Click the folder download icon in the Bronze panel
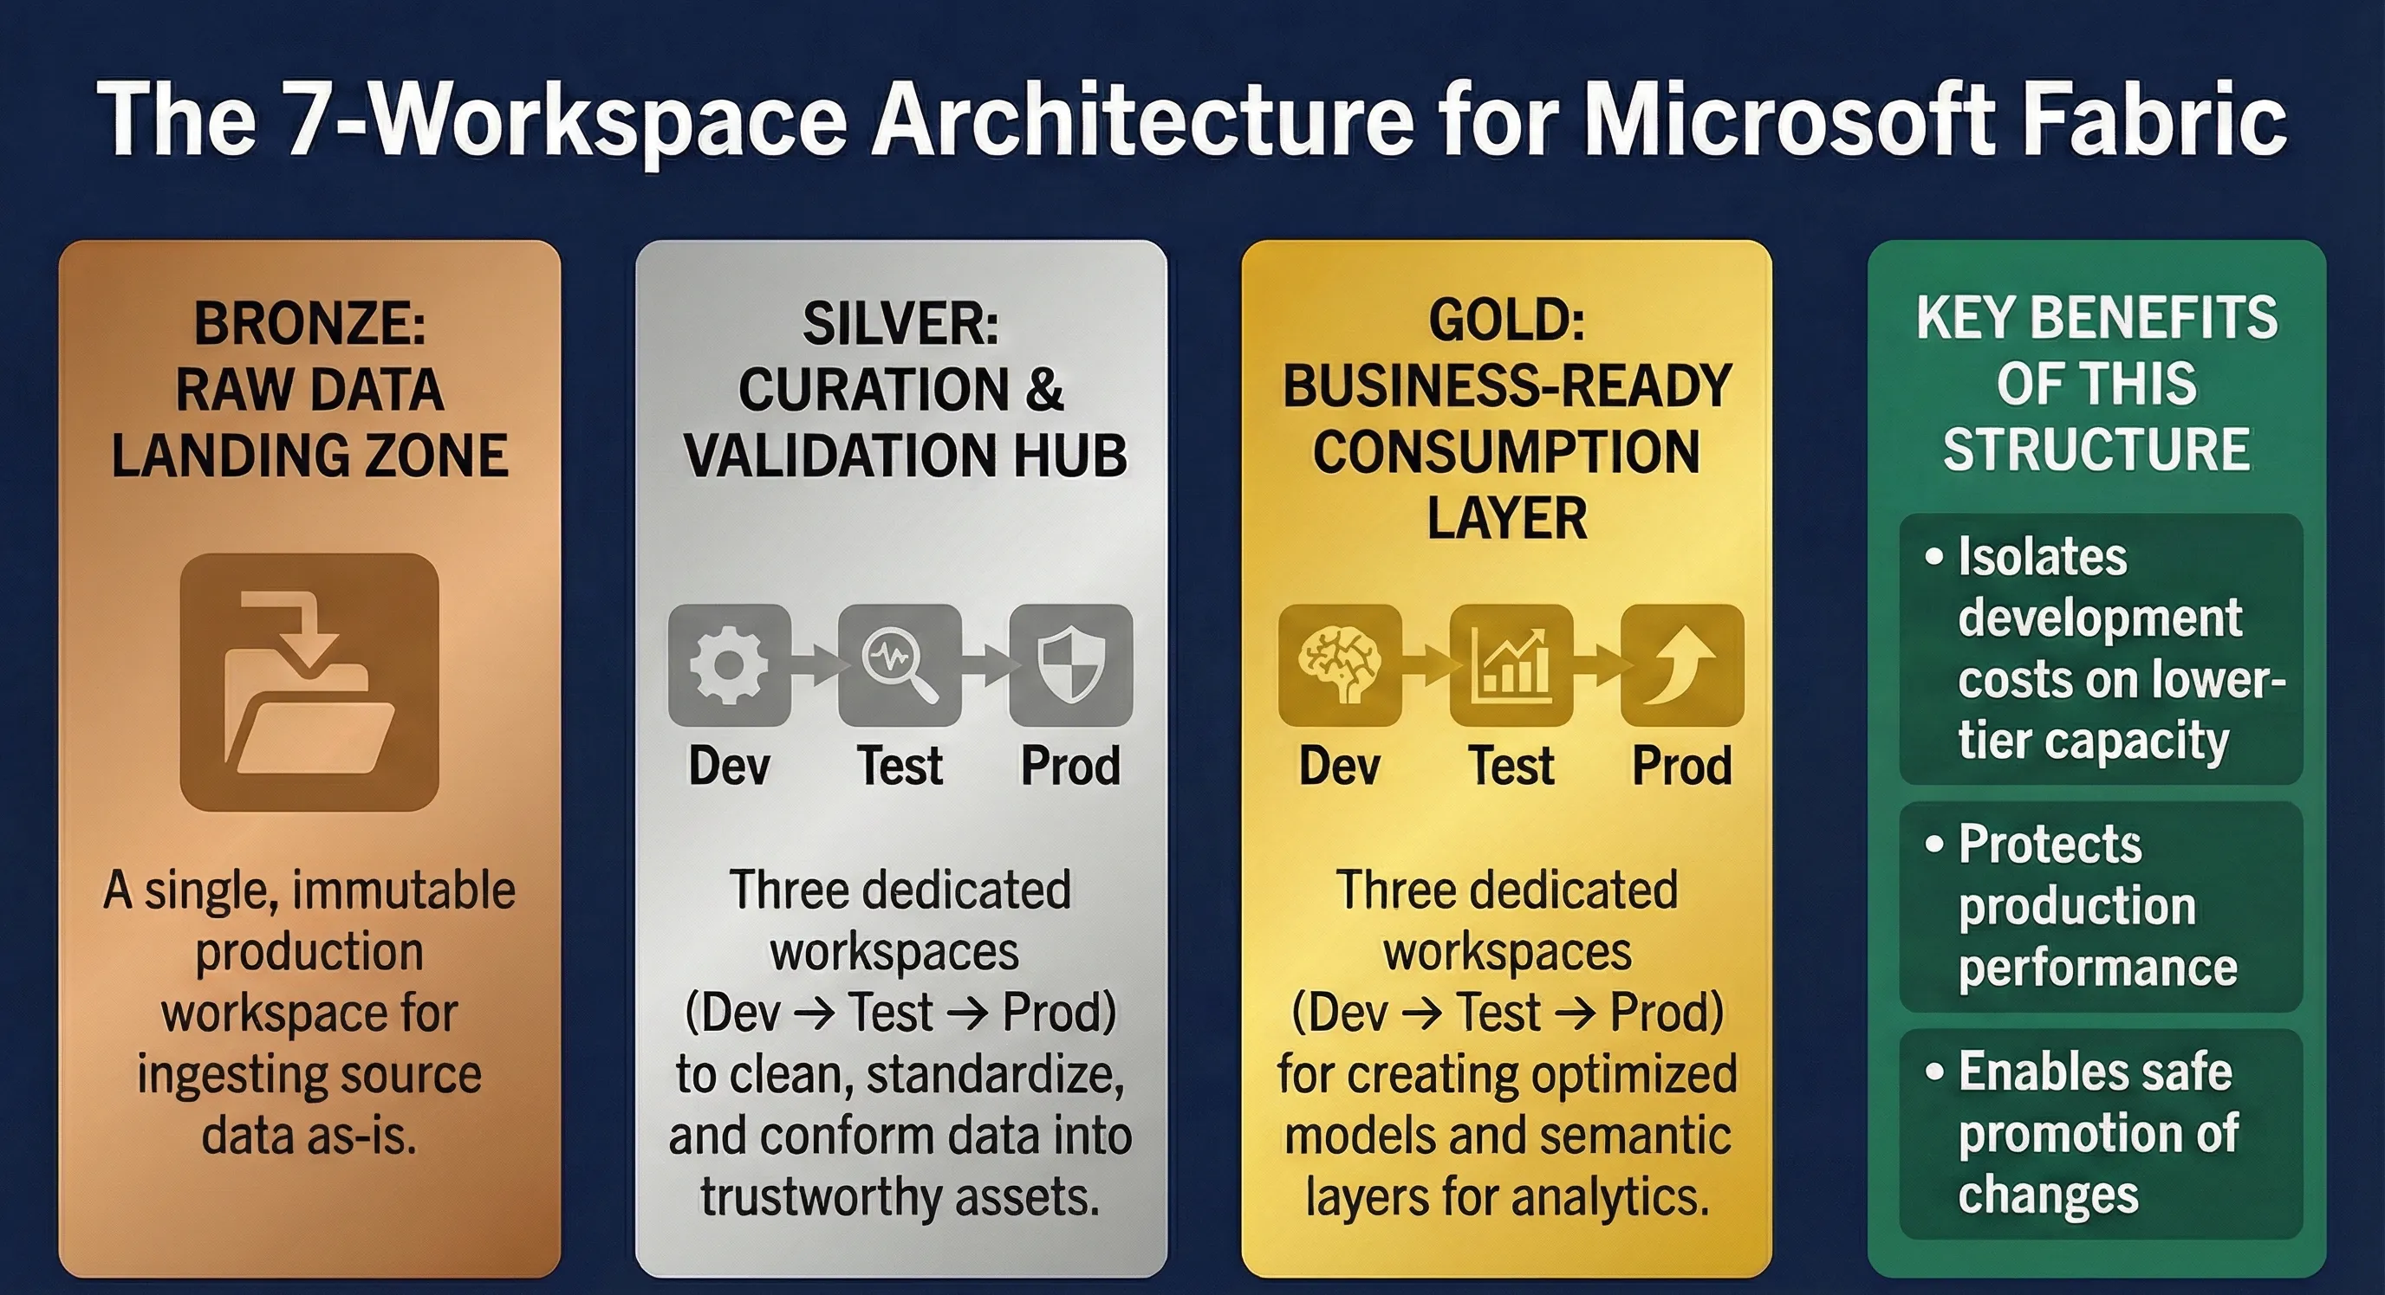pyautogui.click(x=309, y=683)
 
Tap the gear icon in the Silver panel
pyautogui.click(x=730, y=664)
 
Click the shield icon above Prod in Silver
pyautogui.click(x=1071, y=664)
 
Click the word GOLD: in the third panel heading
pyautogui.click(x=1506, y=320)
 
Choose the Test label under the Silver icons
pyautogui.click(x=900, y=766)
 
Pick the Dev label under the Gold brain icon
pyautogui.click(x=1340, y=766)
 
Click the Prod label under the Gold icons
pyautogui.click(x=1681, y=766)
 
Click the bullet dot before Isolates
pyautogui.click(x=1933, y=557)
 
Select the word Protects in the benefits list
pyautogui.click(x=2050, y=845)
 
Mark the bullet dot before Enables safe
pyautogui.click(x=1933, y=1072)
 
